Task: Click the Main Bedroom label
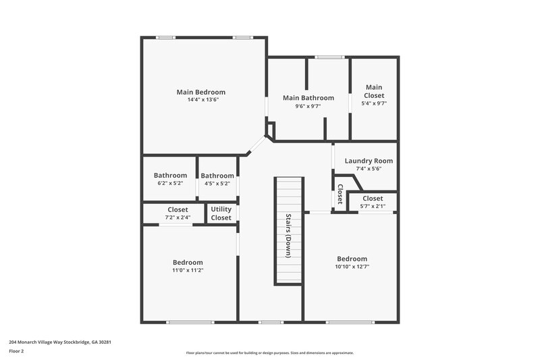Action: (200, 92)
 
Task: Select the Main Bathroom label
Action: (308, 98)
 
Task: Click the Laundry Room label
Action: (369, 161)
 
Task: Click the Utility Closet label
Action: (221, 213)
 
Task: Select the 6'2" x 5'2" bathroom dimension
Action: (170, 183)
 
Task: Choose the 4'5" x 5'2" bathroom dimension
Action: (217, 183)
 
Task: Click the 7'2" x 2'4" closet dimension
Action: (178, 217)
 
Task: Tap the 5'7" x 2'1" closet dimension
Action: (373, 206)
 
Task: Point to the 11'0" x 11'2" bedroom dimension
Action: (188, 270)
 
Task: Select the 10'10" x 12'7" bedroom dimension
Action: (352, 267)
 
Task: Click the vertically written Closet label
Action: (340, 194)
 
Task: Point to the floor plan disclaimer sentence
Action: (270, 353)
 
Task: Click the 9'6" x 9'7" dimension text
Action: (308, 106)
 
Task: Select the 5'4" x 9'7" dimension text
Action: (374, 103)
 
